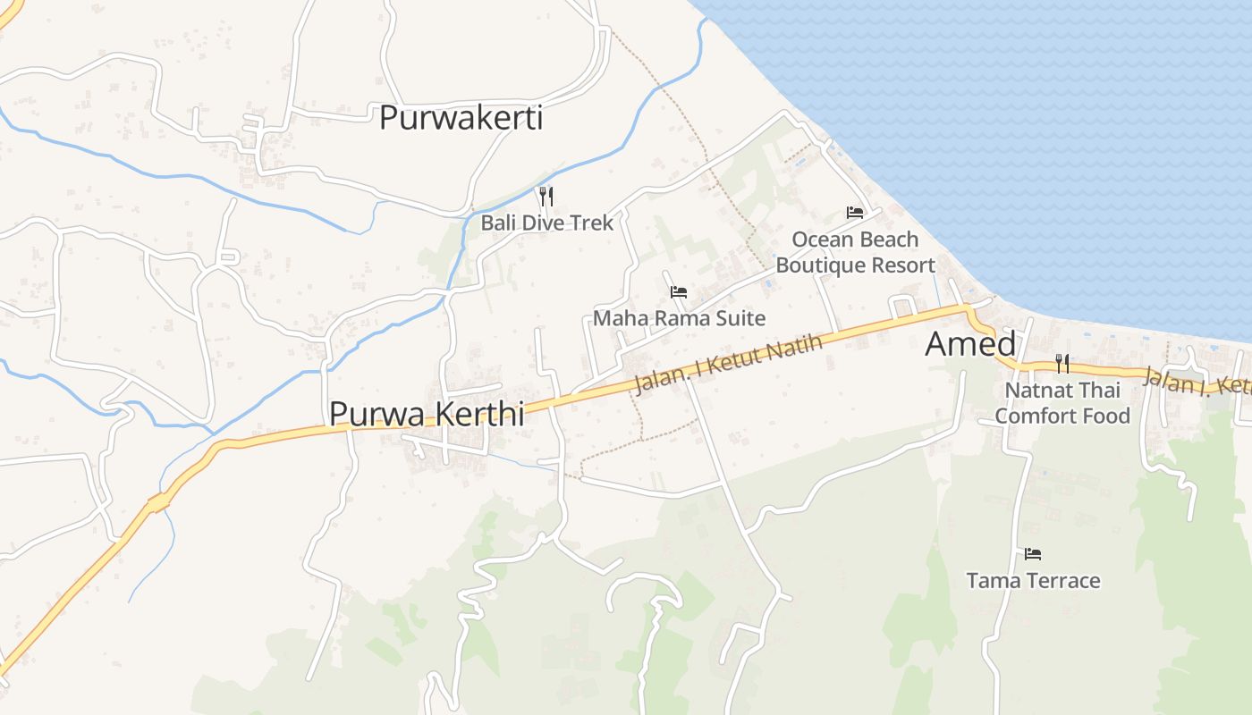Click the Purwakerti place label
461,118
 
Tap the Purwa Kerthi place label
426,414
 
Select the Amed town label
970,344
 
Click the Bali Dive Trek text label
547,223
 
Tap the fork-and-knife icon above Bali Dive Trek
546,196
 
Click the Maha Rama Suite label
680,318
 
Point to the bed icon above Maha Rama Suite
679,291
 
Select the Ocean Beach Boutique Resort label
855,252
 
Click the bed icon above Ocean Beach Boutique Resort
855,213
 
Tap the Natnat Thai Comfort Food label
1062,403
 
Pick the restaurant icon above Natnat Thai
1062,363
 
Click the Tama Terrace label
1033,581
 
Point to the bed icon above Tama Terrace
1033,554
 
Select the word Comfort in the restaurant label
1037,416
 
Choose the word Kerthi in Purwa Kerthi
479,414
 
